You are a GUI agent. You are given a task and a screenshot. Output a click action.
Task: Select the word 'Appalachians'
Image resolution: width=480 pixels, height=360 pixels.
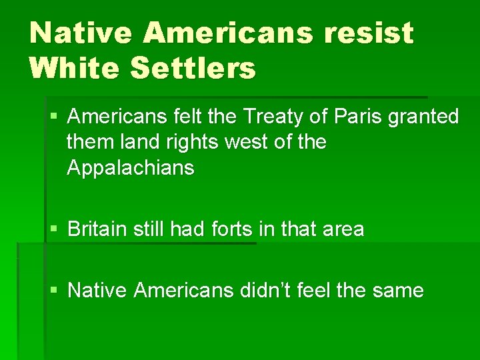(131, 167)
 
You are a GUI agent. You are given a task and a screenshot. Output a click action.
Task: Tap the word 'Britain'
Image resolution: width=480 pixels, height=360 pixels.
(97, 229)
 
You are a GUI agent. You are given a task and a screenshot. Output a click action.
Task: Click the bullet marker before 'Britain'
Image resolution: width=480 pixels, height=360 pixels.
(54, 229)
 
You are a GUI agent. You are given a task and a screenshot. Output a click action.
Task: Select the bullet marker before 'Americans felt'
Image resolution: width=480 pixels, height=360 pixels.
(54, 117)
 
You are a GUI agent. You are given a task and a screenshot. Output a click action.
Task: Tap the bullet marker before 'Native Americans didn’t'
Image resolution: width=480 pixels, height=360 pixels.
(54, 290)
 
